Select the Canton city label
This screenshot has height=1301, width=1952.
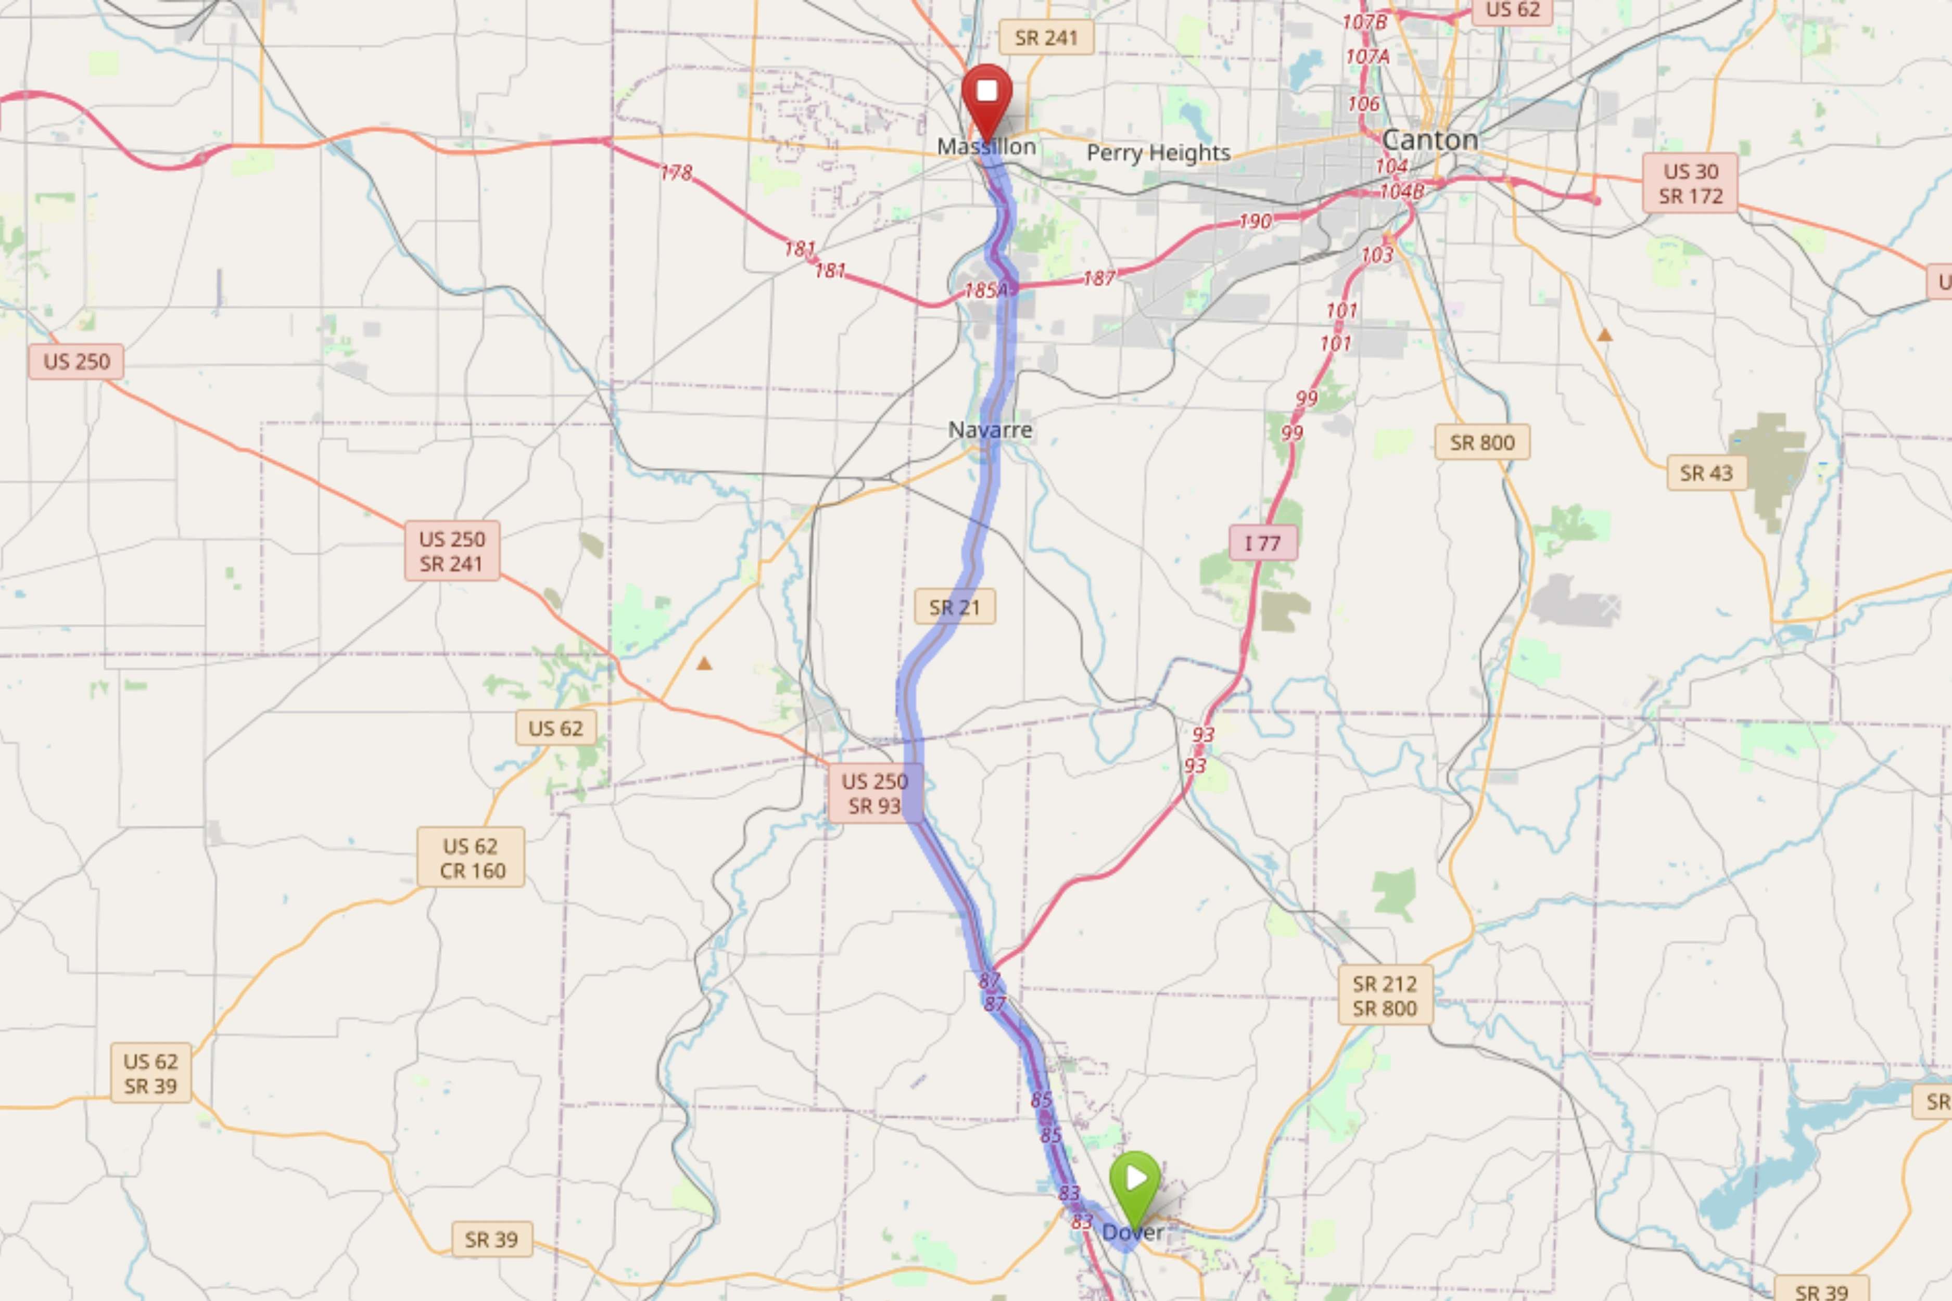[1430, 139]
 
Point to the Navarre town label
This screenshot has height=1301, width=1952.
[990, 430]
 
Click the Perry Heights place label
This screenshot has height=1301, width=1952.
[1159, 152]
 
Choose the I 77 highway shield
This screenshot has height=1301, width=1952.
[1262, 543]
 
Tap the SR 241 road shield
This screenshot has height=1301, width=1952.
[1046, 38]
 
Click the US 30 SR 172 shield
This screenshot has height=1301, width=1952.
[1690, 183]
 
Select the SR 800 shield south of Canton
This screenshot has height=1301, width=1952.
[1482, 443]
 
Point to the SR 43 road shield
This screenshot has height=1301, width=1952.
[1706, 473]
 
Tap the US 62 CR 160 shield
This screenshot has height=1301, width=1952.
[471, 858]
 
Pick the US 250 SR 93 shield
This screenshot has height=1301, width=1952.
[874, 793]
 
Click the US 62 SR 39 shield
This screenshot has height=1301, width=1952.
[150, 1073]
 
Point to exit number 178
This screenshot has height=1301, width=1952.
[676, 173]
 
